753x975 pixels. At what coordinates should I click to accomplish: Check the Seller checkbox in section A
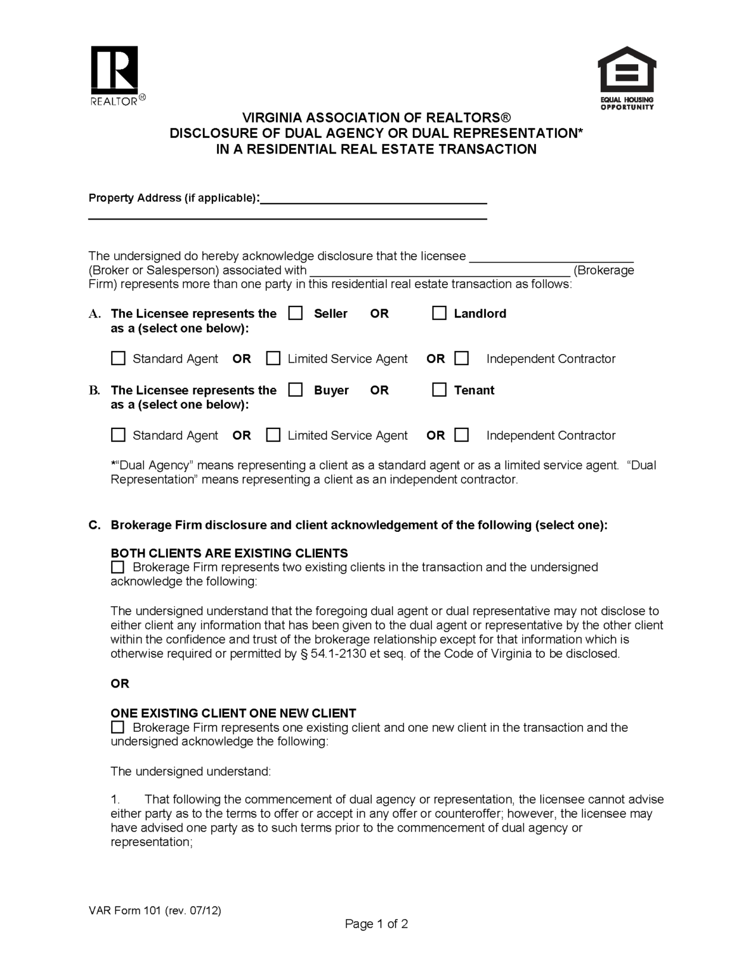[296, 314]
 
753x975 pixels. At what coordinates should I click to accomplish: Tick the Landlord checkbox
[439, 314]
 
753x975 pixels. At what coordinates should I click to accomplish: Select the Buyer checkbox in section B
[296, 390]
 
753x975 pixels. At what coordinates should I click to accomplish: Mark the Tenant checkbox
[439, 390]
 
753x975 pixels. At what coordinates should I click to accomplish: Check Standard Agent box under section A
[118, 359]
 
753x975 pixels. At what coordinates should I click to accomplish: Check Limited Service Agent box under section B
[273, 435]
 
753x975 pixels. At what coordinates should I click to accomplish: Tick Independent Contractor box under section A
[462, 359]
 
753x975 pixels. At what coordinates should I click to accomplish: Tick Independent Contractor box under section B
[462, 435]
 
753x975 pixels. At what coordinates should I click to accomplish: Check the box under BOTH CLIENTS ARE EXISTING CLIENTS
[118, 567]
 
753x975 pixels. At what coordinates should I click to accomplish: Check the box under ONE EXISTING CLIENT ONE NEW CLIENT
[118, 727]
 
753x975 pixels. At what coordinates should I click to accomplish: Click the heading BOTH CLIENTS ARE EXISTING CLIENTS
[229, 553]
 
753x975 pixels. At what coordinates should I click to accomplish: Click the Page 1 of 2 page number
[376, 924]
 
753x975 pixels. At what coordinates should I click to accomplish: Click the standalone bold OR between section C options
[120, 684]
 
